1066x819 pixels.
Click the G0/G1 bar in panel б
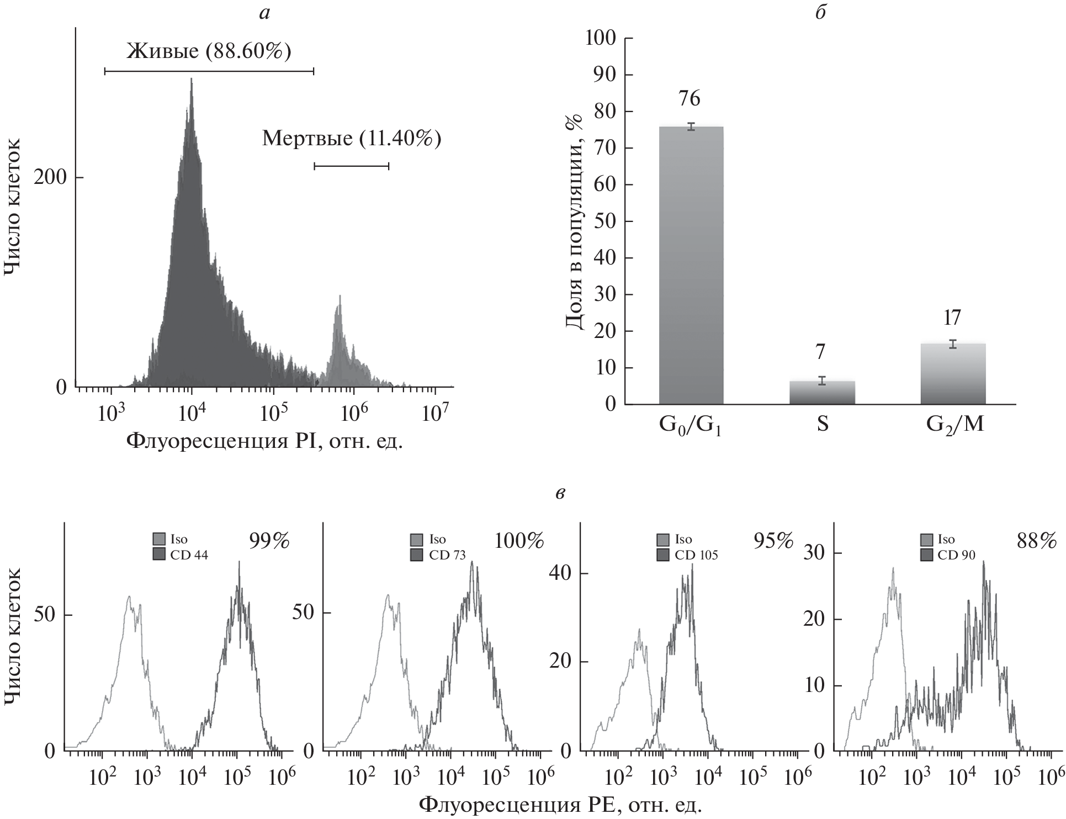pyautogui.click(x=691, y=265)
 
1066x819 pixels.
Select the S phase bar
pyautogui.click(x=822, y=393)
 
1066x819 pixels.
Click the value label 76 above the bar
pyautogui.click(x=690, y=99)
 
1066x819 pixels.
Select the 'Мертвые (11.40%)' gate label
pyautogui.click(x=352, y=139)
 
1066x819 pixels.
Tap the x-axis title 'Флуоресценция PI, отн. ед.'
pyautogui.click(x=265, y=440)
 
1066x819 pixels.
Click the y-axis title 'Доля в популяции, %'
pyautogui.click(x=575, y=221)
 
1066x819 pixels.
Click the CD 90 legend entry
pyautogui.click(x=950, y=556)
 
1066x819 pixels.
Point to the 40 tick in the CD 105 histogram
pyautogui.click(x=562, y=573)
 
